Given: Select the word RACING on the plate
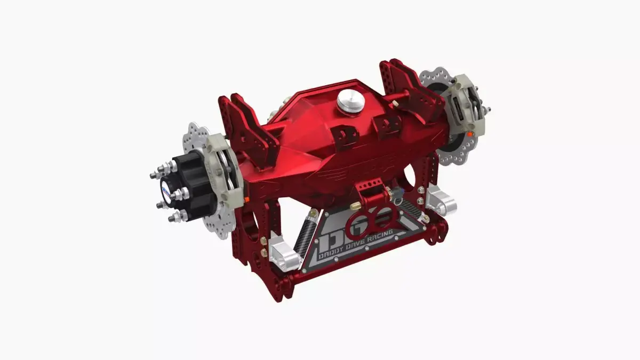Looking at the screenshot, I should pyautogui.click(x=379, y=235).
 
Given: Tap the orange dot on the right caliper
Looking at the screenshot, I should pyautogui.click(x=469, y=135).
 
